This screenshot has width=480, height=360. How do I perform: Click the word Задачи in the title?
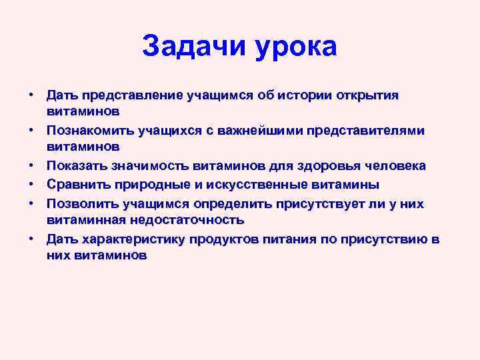(193, 46)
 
